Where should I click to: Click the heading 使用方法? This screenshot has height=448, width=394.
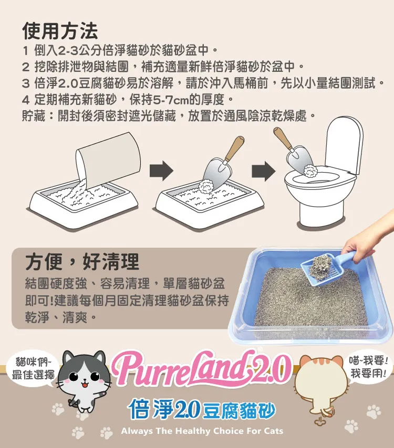60,31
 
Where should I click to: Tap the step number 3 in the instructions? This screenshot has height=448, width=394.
26,83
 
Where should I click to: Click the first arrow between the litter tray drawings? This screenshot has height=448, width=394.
161,170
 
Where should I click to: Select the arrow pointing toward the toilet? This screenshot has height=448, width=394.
264,171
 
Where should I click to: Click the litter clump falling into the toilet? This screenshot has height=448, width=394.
311,171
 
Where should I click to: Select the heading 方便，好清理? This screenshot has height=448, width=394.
82,261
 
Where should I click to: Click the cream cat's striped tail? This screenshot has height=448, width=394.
328,411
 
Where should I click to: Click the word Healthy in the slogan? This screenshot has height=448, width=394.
192,431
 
